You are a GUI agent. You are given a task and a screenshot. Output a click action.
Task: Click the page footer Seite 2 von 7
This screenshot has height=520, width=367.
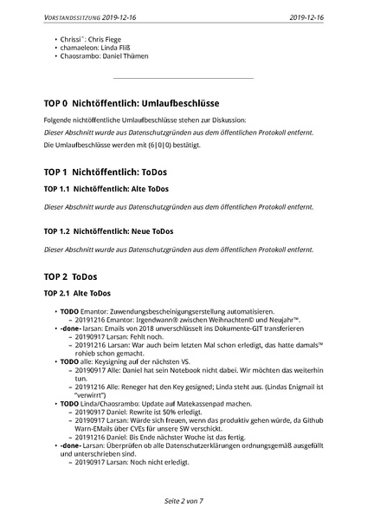183,502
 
